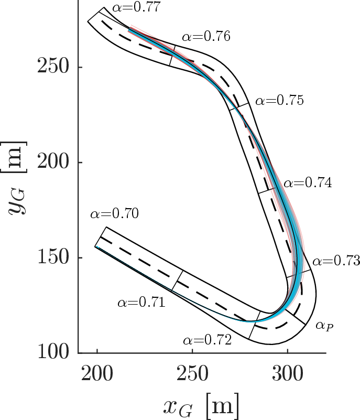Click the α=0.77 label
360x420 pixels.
tap(136, 7)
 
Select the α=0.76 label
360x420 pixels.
tap(206, 36)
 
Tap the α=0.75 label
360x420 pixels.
tap(279, 101)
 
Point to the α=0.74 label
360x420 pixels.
tap(308, 183)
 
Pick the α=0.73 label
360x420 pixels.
tap(336, 261)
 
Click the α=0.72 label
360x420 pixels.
tap(207, 340)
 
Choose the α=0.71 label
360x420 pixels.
tap(141, 303)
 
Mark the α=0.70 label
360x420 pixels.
tap(115, 214)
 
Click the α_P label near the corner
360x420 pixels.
tap(325, 326)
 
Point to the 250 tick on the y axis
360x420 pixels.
tap(53, 67)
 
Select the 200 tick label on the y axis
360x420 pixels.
tap(53, 161)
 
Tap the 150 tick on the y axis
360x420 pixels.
tap(53, 257)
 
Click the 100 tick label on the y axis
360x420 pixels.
tap(53, 352)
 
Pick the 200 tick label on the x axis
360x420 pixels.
tap(97, 374)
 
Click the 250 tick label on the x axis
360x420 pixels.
tap(192, 374)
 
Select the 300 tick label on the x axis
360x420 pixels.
tap(288, 374)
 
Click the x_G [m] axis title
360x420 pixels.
tap(201, 406)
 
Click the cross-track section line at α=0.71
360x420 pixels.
tap(177, 281)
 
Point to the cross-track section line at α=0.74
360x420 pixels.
tap(267, 191)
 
